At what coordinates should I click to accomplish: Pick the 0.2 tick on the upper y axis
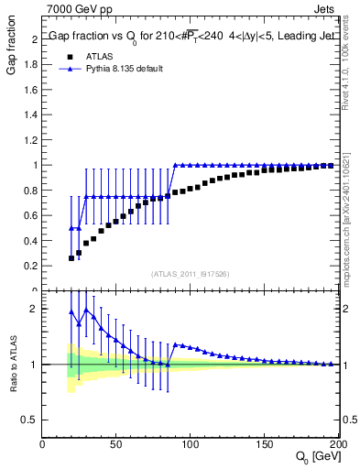[33, 266]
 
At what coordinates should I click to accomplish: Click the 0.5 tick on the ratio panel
[33, 420]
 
